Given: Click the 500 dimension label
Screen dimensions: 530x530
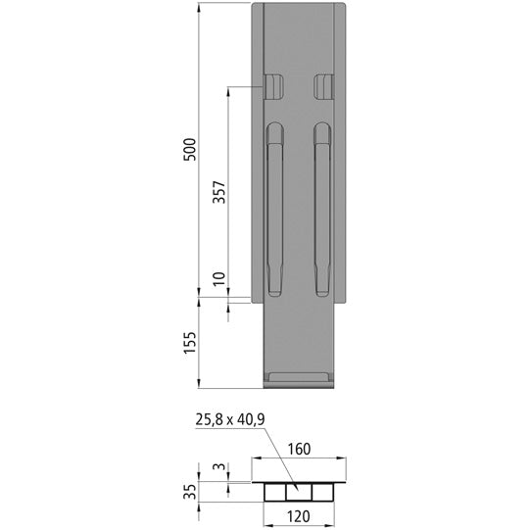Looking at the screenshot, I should point(191,148).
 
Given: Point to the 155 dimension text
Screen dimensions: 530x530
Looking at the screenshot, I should point(191,342).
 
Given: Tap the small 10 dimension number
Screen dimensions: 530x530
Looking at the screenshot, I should point(218,281).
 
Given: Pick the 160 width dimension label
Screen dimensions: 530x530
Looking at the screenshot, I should point(299,451).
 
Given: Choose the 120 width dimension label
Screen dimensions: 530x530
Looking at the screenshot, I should point(299,514).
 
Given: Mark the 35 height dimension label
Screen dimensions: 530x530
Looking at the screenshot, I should point(192,489).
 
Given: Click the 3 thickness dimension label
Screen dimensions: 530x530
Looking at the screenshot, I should point(220,469).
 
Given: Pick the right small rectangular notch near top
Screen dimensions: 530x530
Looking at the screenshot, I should point(323,87).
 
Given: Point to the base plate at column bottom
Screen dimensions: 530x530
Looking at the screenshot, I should point(299,378).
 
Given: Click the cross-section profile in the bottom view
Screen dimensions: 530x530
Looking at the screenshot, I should point(299,490).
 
